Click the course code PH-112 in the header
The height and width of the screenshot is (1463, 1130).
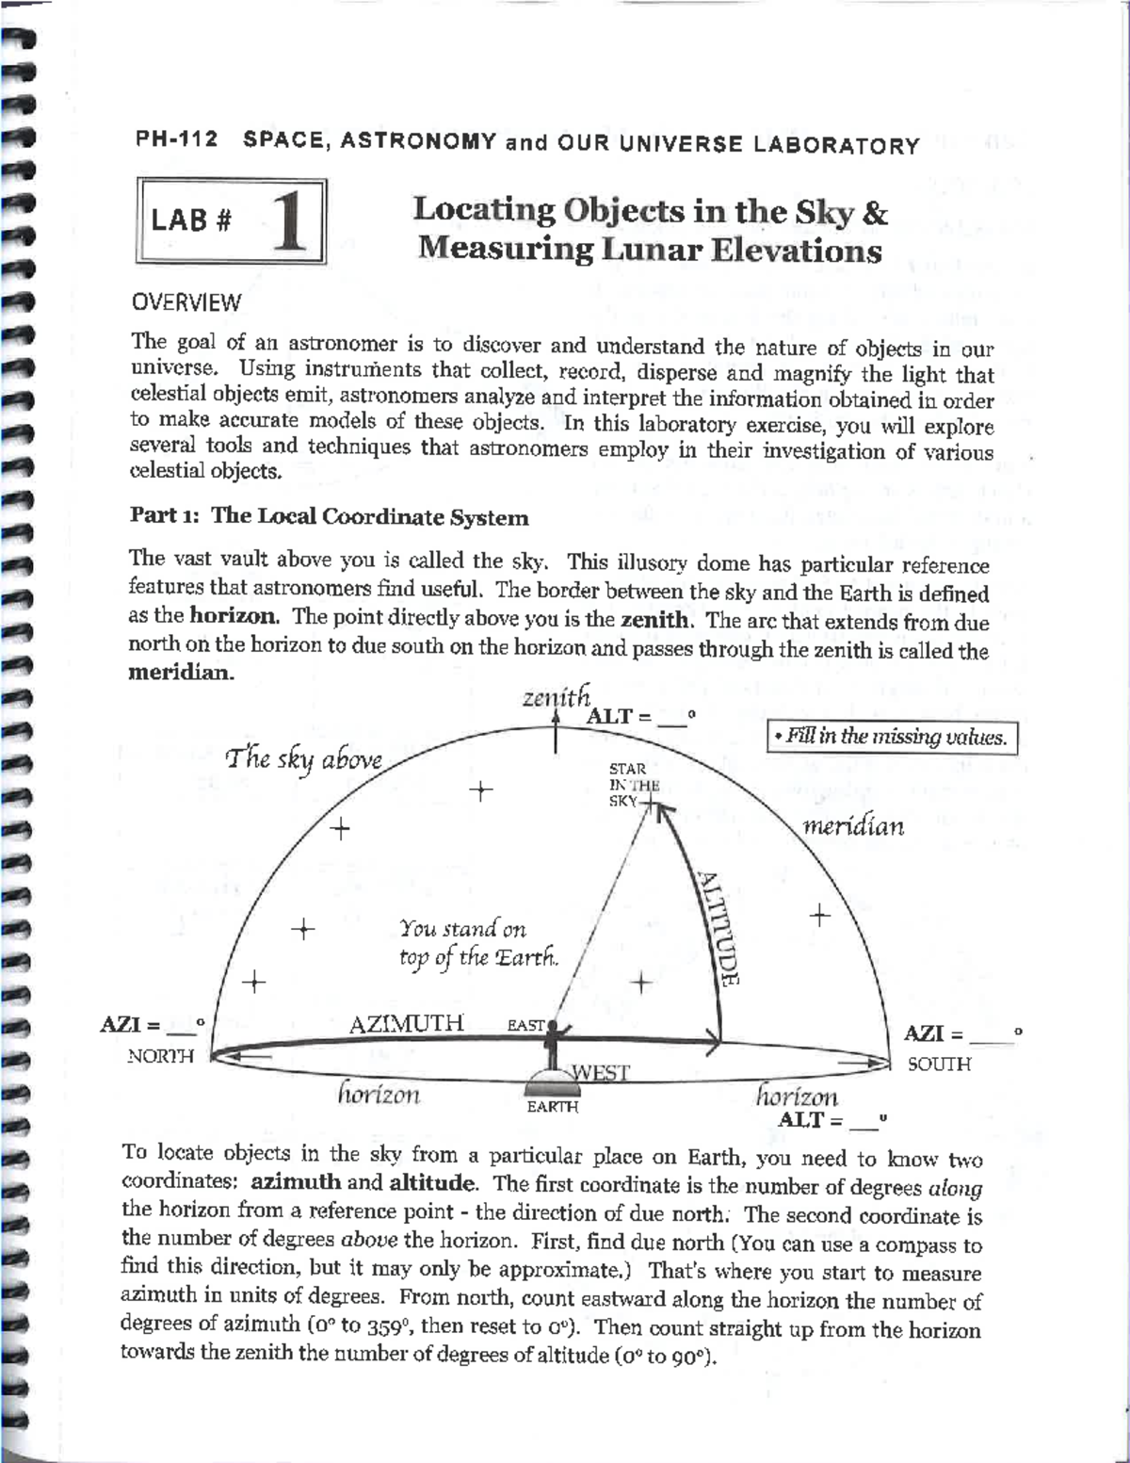pyautogui.click(x=176, y=139)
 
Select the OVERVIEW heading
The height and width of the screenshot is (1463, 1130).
pyautogui.click(x=186, y=302)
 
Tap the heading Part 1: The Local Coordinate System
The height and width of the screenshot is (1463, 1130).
pyautogui.click(x=329, y=516)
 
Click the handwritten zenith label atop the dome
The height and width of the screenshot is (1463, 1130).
pyautogui.click(x=556, y=697)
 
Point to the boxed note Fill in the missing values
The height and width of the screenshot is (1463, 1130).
pyautogui.click(x=892, y=737)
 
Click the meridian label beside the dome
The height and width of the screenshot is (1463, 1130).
pyautogui.click(x=852, y=826)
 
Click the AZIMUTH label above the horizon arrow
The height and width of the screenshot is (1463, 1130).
pyautogui.click(x=406, y=1023)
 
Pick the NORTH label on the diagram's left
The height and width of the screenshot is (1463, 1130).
pyautogui.click(x=160, y=1056)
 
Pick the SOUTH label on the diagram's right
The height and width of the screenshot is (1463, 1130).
pyautogui.click(x=939, y=1064)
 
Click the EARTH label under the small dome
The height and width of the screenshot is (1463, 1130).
pyautogui.click(x=552, y=1107)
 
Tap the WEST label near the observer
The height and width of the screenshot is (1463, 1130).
pyautogui.click(x=601, y=1072)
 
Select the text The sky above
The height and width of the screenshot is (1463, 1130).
pyautogui.click(x=303, y=759)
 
